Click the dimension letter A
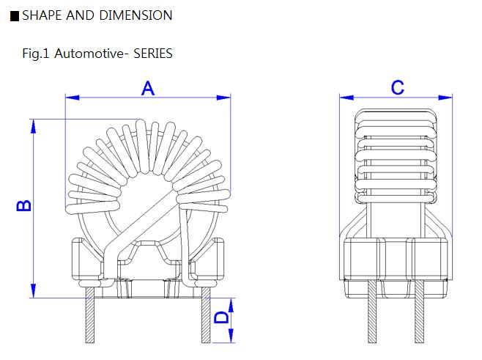pyautogui.click(x=147, y=88)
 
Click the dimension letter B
pyautogui.click(x=23, y=205)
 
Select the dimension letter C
pyautogui.click(x=397, y=88)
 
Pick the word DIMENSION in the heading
pyautogui.click(x=137, y=15)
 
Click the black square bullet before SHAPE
pyautogui.click(x=15, y=16)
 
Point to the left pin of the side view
pyautogui.click(x=372, y=313)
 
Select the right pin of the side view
pyautogui.click(x=420, y=313)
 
